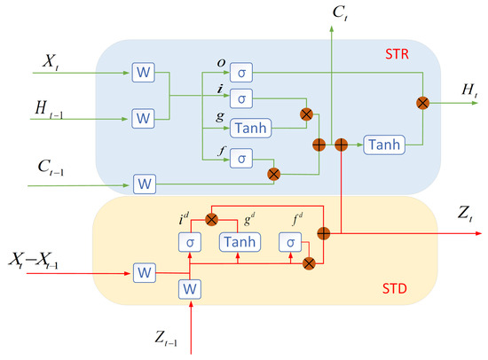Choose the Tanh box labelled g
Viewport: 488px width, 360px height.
(249, 128)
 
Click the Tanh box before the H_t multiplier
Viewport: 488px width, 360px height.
(382, 145)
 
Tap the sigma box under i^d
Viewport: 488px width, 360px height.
(189, 241)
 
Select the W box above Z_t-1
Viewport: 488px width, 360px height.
(189, 289)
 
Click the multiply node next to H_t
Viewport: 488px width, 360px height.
(423, 103)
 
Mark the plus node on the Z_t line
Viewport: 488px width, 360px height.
(323, 233)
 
